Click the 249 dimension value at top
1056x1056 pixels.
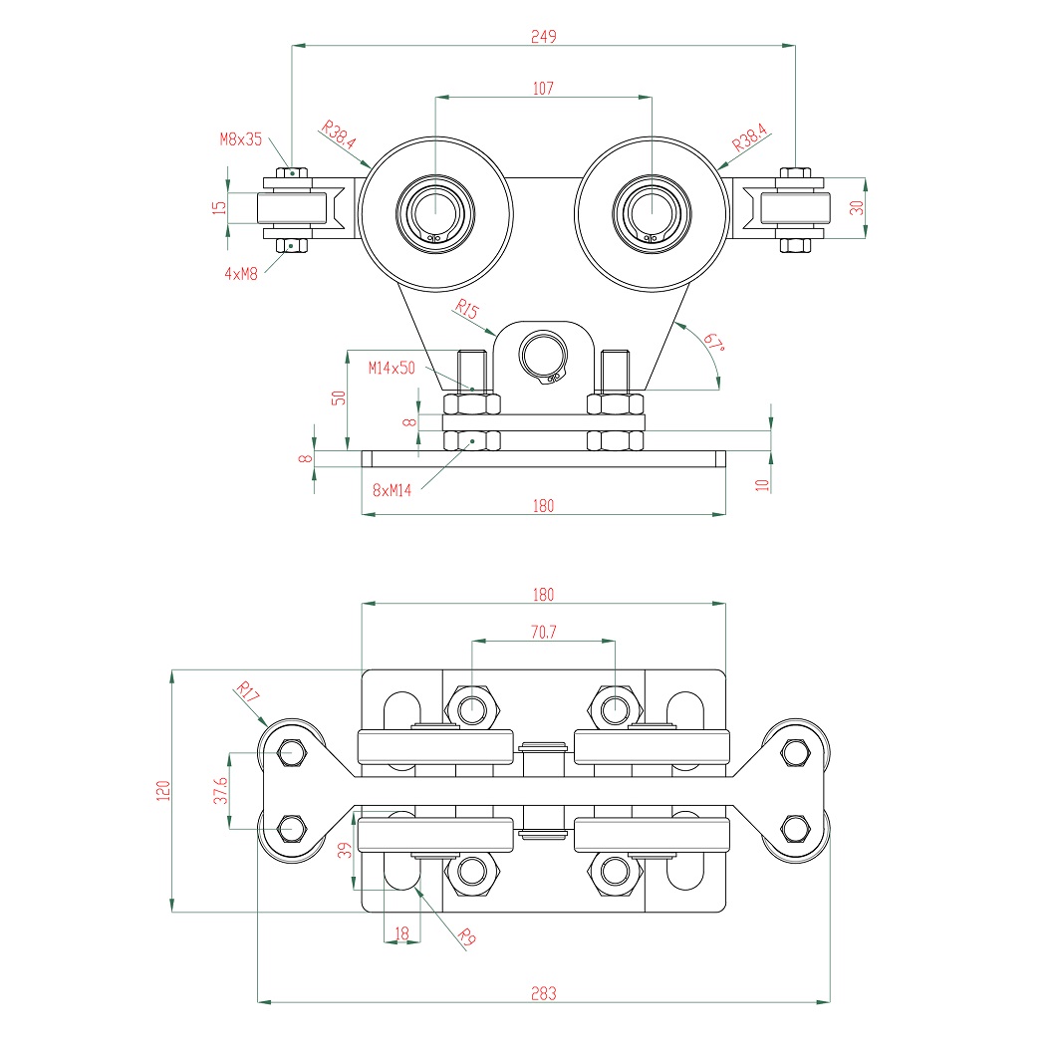(x=543, y=36)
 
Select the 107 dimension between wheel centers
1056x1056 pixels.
(x=543, y=89)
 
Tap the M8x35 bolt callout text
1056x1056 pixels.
(x=241, y=139)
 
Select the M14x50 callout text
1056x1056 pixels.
(x=391, y=368)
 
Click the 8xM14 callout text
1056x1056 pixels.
(x=392, y=490)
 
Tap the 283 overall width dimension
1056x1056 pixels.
(x=543, y=993)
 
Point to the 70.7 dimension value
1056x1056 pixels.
(x=543, y=632)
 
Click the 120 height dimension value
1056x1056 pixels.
(x=164, y=791)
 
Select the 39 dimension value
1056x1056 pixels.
(x=346, y=849)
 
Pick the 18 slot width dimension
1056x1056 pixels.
(x=401, y=933)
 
